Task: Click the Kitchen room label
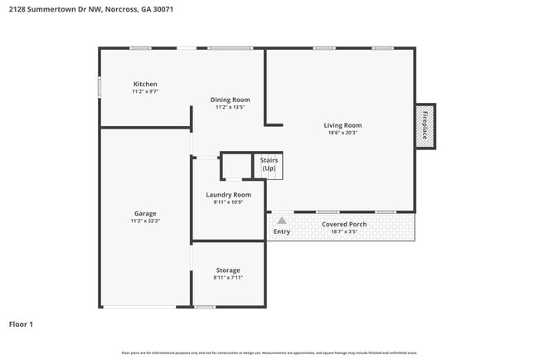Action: point(145,84)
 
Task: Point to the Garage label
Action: point(145,213)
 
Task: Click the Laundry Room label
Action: point(228,195)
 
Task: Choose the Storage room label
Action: point(228,270)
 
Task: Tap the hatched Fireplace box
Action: point(425,126)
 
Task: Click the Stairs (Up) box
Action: point(269,164)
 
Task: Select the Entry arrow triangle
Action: point(282,221)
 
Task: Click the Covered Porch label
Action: point(343,224)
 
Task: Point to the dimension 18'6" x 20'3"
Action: point(342,134)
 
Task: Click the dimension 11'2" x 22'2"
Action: point(145,221)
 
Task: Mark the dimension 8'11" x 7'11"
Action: point(228,279)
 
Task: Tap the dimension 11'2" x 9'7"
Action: point(145,92)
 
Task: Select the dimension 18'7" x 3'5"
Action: point(343,232)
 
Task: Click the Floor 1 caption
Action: point(21,324)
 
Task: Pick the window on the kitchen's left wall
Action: point(100,86)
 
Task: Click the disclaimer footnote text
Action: point(269,353)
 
